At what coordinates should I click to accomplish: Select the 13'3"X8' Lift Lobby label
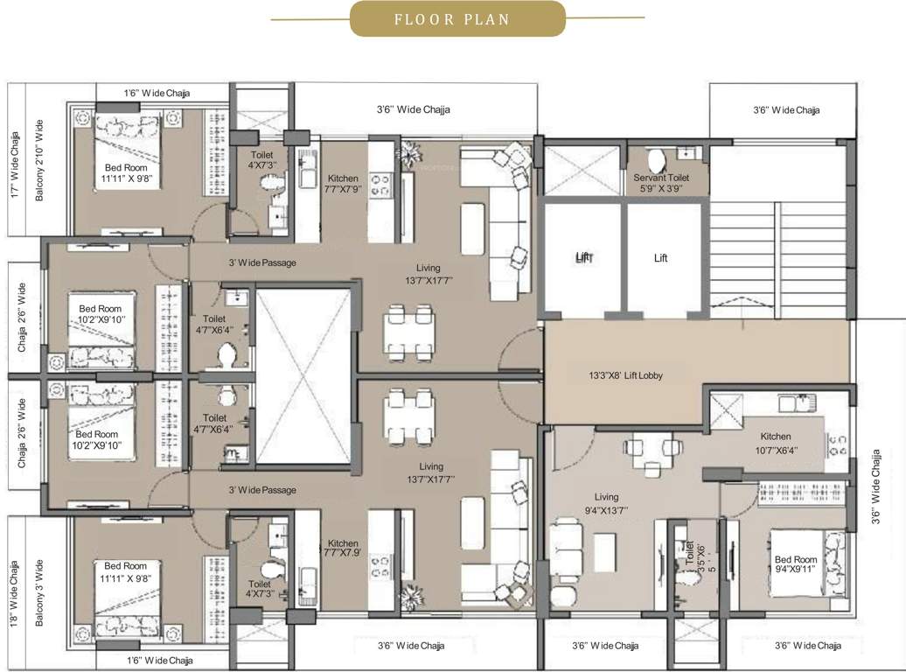pos(625,375)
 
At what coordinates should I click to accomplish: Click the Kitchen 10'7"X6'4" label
pos(775,443)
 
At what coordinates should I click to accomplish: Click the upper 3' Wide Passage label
pos(262,262)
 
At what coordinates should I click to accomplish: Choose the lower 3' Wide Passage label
pos(262,490)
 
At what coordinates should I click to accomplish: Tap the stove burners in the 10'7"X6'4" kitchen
pos(837,444)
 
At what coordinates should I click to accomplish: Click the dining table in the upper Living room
pos(409,332)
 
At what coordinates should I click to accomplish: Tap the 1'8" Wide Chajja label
pos(14,595)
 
